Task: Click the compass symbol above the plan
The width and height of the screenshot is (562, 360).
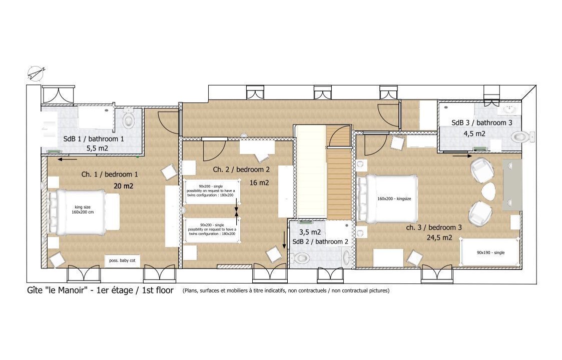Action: pos(36,73)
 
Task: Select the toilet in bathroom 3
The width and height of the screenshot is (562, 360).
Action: pos(522,136)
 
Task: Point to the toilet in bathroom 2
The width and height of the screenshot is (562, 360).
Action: pos(301,257)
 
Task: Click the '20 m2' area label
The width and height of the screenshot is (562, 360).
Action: pos(123,186)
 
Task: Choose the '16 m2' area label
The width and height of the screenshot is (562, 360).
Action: pos(259,182)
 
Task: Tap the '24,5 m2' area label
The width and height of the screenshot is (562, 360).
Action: pos(439,237)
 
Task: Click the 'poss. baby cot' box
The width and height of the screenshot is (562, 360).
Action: pos(122,260)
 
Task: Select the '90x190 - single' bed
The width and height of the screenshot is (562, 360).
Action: pos(490,252)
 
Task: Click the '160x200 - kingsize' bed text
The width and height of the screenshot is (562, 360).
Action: pos(394,198)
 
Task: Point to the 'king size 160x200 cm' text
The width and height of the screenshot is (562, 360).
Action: pos(83,209)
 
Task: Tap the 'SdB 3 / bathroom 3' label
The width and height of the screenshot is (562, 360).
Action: pos(482,122)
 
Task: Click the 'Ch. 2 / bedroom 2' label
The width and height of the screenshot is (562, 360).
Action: pos(241,169)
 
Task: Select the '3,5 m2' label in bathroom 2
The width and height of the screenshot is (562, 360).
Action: pos(310,232)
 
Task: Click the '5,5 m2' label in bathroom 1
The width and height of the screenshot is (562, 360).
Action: pos(97,148)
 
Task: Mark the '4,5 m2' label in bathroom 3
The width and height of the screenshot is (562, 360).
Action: pos(474,133)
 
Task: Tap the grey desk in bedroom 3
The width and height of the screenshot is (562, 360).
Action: pos(511,185)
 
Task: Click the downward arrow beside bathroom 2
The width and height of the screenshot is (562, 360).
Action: pos(284,240)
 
